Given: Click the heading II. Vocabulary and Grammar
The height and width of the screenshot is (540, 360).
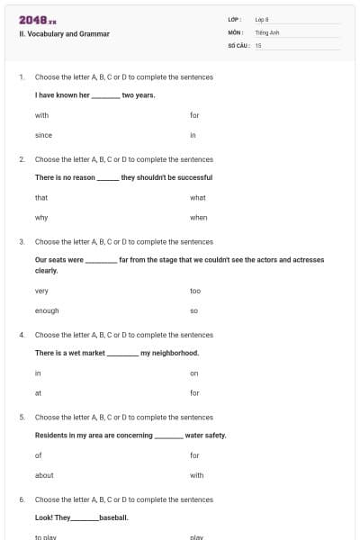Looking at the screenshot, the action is pos(64,34).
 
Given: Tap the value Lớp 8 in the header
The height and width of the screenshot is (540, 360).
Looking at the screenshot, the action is pos(262,19).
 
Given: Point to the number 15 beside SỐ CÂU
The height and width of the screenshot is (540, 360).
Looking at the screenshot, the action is pos(258,44).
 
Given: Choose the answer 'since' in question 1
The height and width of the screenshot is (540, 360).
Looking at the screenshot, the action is pos(43,135).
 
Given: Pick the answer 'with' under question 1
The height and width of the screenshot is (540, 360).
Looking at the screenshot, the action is pos(41,115).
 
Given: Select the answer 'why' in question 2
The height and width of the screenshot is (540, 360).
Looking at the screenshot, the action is pos(41,217).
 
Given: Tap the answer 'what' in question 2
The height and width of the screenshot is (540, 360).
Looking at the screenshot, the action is pos(198,197).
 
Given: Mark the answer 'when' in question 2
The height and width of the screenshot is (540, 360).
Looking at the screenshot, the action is pos(199,217).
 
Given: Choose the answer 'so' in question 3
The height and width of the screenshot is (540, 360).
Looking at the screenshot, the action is pos(193,310).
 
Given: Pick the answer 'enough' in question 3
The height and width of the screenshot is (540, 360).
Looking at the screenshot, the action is pos(47,310).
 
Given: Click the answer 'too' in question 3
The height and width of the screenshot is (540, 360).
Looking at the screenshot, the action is pos(195,291).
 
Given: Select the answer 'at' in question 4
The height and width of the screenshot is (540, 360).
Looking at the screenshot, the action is pos(38,392).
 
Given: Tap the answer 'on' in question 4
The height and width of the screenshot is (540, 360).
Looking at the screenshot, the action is pos(193,373).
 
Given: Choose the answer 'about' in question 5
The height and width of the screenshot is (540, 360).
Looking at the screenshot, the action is pos(44,475).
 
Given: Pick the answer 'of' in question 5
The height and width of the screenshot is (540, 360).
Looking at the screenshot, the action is pos(38,455).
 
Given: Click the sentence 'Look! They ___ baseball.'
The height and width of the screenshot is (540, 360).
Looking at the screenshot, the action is pos(81,517).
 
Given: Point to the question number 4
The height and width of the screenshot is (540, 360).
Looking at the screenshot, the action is pos(22,335).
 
